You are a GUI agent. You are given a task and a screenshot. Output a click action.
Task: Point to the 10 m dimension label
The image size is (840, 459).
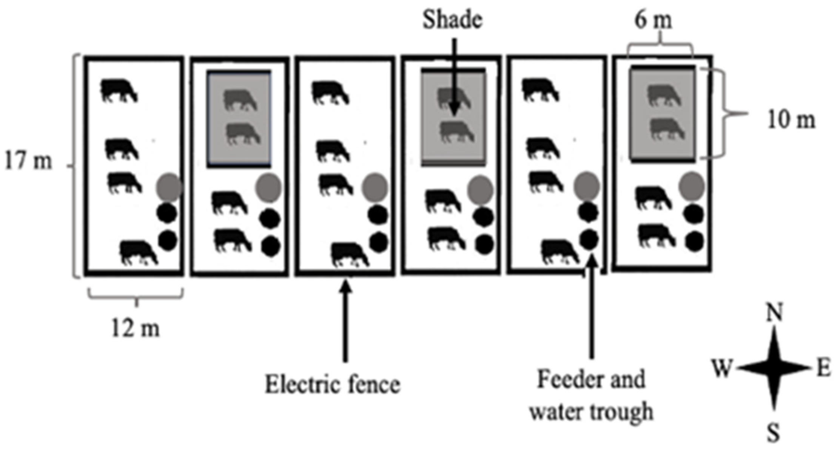[x=791, y=120]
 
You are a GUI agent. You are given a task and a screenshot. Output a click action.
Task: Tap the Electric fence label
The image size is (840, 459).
[x=332, y=385]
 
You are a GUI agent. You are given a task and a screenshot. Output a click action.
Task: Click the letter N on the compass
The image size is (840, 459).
[x=774, y=313]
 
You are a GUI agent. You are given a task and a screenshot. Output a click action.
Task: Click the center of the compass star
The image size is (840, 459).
[x=774, y=367]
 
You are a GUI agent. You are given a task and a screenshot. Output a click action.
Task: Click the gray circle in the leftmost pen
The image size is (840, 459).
[x=169, y=187]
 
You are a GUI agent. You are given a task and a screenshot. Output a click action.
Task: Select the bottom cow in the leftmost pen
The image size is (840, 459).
[x=139, y=252]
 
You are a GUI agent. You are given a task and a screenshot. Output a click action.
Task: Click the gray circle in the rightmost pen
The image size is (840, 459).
[x=691, y=185]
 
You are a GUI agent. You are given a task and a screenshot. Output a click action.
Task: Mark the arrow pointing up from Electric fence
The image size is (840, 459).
[x=345, y=321]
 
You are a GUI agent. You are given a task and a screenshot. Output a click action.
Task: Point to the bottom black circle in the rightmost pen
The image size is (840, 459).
[x=694, y=241]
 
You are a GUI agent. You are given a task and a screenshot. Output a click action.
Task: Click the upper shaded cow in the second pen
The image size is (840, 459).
[x=240, y=100]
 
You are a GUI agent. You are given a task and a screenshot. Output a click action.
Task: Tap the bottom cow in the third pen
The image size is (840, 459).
[x=350, y=254]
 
